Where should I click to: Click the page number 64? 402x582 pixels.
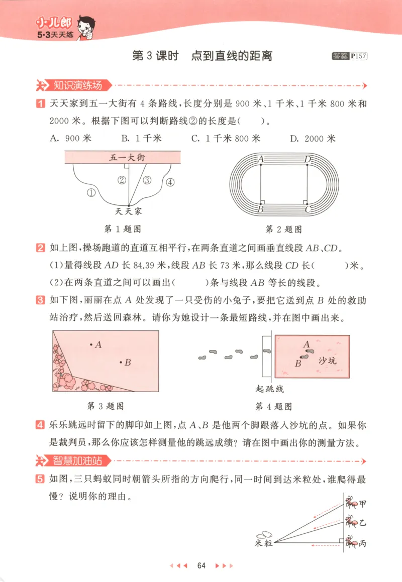point(202,565)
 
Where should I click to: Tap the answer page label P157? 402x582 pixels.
point(359,56)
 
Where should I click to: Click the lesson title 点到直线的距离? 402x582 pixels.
point(232,56)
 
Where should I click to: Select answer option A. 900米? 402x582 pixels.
point(70,139)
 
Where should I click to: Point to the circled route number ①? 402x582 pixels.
point(91,192)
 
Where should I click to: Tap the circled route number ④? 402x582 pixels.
point(170,182)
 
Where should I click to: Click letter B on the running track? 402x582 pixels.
point(261,207)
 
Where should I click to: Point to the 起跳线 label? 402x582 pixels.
point(270,390)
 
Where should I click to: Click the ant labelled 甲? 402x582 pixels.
point(352,502)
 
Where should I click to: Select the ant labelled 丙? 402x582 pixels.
point(352,542)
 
